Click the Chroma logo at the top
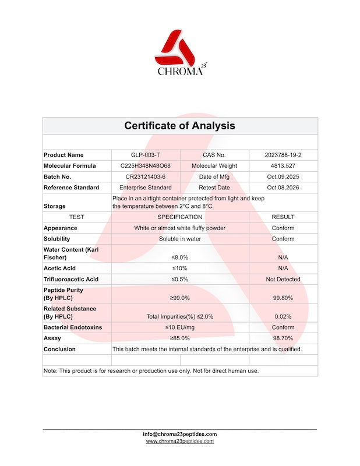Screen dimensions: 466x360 click(179, 52)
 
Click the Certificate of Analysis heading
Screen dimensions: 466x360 click(179, 125)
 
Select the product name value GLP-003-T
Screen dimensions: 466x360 click(146, 155)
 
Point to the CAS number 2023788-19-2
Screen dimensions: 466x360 click(283, 155)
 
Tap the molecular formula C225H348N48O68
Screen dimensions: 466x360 click(146, 166)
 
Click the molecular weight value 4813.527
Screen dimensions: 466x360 click(283, 166)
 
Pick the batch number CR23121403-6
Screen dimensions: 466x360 click(146, 176)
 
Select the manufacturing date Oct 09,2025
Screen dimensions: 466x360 click(283, 176)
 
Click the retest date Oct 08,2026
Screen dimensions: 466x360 click(283, 188)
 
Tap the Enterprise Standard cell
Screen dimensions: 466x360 click(146, 188)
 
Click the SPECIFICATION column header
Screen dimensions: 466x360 click(179, 217)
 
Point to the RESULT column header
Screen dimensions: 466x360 click(283, 217)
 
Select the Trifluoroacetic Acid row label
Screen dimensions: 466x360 click(71, 279)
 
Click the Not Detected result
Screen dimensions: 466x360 click(283, 279)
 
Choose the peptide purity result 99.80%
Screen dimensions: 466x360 click(283, 298)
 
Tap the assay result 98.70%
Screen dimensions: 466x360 click(283, 338)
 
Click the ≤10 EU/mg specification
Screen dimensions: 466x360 click(179, 327)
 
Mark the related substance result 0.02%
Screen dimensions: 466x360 click(283, 316)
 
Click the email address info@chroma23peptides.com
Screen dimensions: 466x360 click(179, 434)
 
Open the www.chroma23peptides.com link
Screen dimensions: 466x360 click(179, 442)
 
